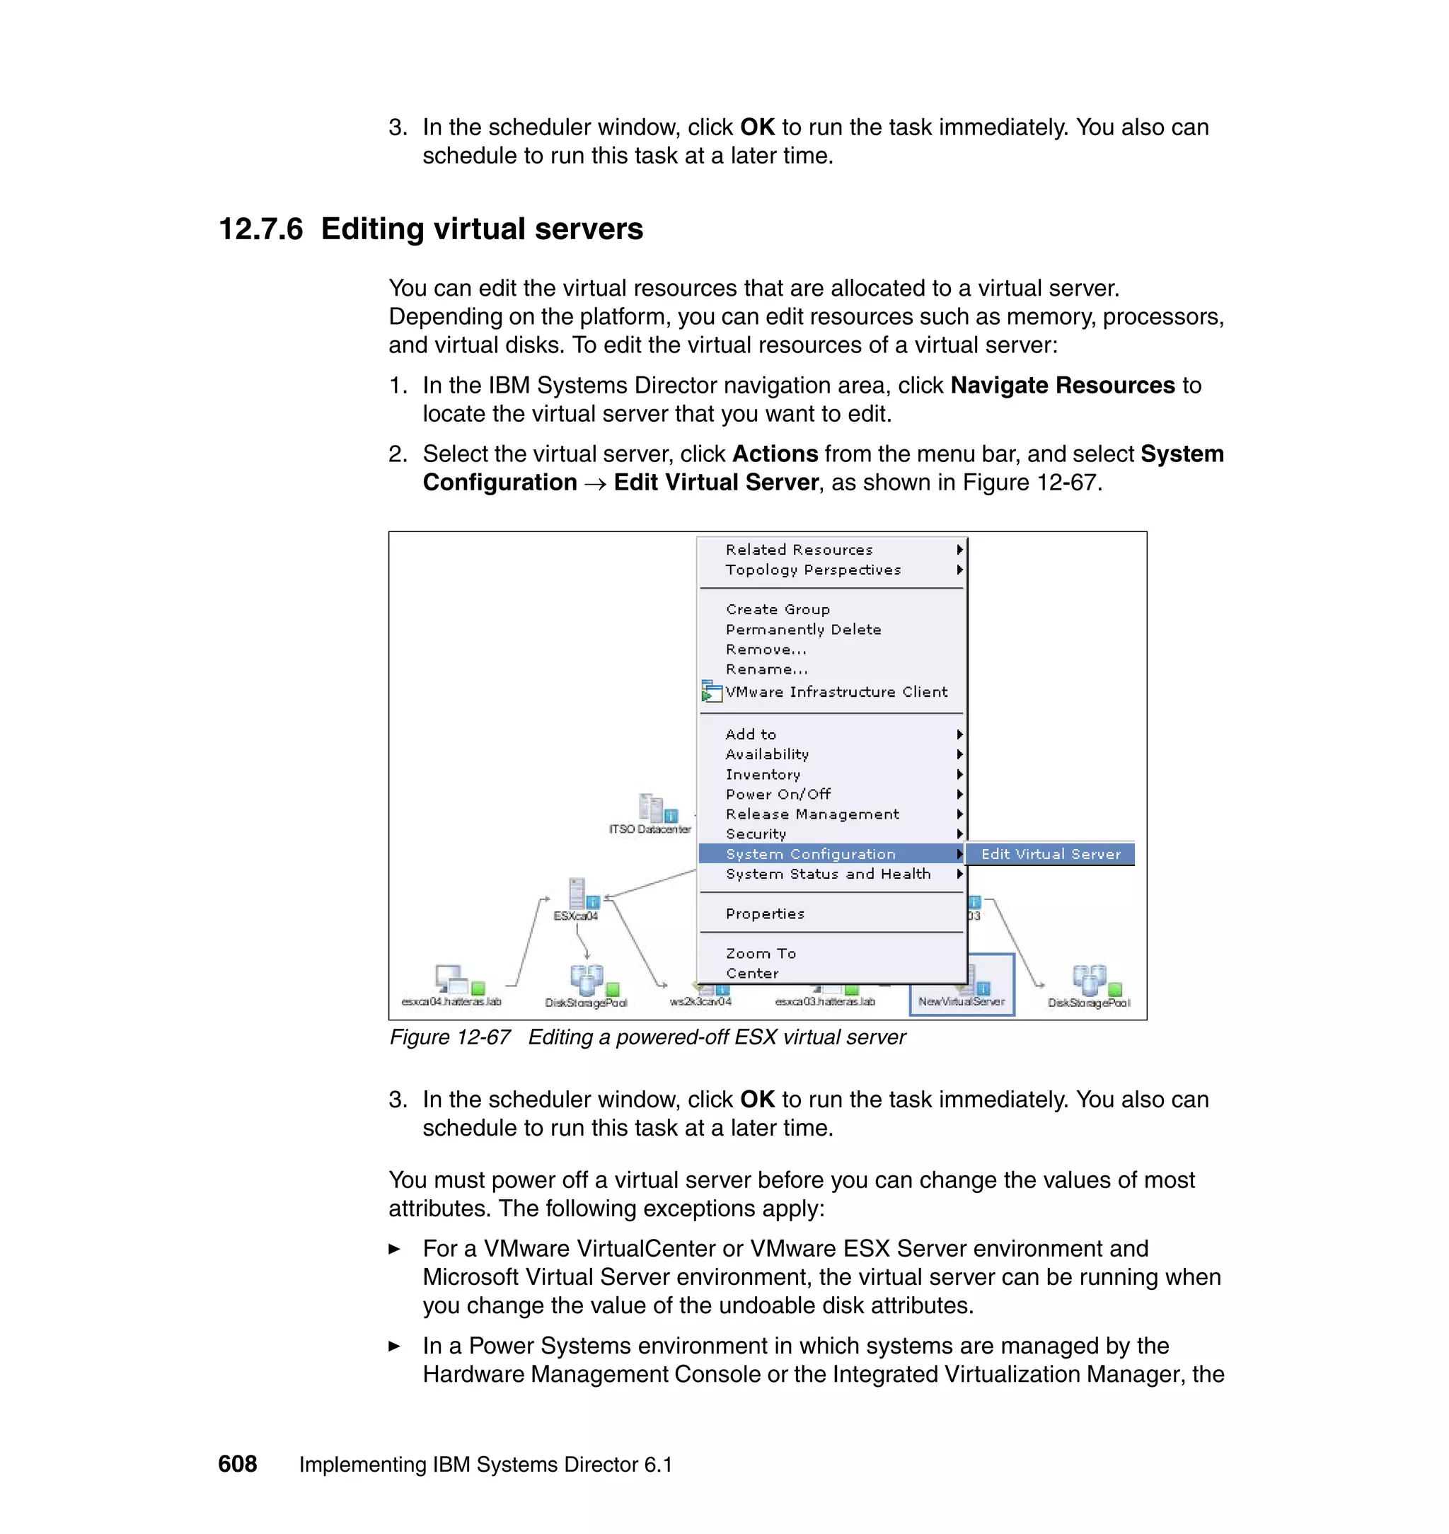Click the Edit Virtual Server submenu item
pyautogui.click(x=1050, y=853)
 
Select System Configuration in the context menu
pyautogui.click(x=810, y=853)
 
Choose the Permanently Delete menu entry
pyautogui.click(x=802, y=630)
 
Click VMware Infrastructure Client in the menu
pyautogui.click(x=836, y=692)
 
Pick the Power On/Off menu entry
pyautogui.click(x=778, y=794)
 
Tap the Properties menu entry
pyautogui.click(x=765, y=913)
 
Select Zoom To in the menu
pyautogui.click(x=760, y=953)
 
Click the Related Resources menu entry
pyautogui.click(x=799, y=549)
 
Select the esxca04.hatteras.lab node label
pyautogui.click(x=451, y=1002)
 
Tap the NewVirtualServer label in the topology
pyautogui.click(x=961, y=1002)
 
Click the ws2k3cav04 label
pyautogui.click(x=700, y=1002)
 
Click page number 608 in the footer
pyautogui.click(x=237, y=1464)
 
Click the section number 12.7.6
pyautogui.click(x=260, y=229)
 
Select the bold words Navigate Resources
pyautogui.click(x=1062, y=386)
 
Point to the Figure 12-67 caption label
pyautogui.click(x=449, y=1037)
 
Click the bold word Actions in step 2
pyautogui.click(x=774, y=454)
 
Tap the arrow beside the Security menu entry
pyautogui.click(x=959, y=834)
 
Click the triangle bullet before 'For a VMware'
pyautogui.click(x=394, y=1249)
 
